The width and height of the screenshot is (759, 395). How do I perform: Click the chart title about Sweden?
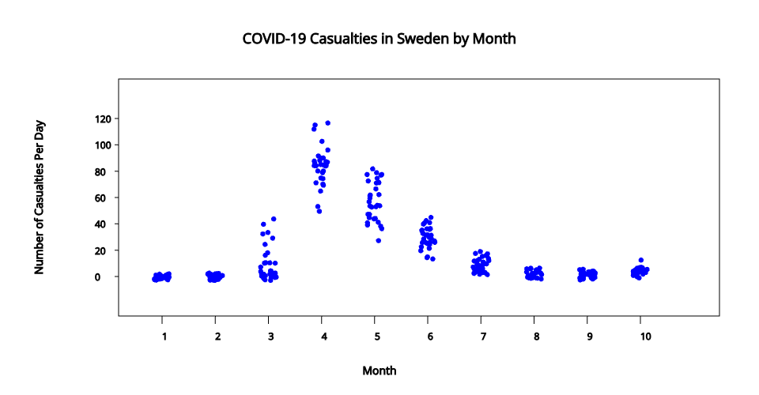[379, 38]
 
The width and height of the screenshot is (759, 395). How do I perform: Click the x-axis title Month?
[379, 371]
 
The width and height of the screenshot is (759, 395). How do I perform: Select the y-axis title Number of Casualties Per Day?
[40, 197]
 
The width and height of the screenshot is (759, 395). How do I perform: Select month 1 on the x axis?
[163, 337]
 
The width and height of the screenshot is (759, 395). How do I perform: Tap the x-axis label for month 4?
[324, 337]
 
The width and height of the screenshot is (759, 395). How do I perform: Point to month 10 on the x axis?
[646, 337]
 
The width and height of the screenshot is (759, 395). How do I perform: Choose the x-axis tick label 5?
[377, 337]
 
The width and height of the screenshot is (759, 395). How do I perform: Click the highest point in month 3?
[274, 219]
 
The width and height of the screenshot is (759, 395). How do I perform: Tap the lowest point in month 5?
[379, 240]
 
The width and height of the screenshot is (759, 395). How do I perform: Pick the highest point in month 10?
[641, 260]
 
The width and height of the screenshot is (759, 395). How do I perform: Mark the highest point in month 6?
[430, 217]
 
